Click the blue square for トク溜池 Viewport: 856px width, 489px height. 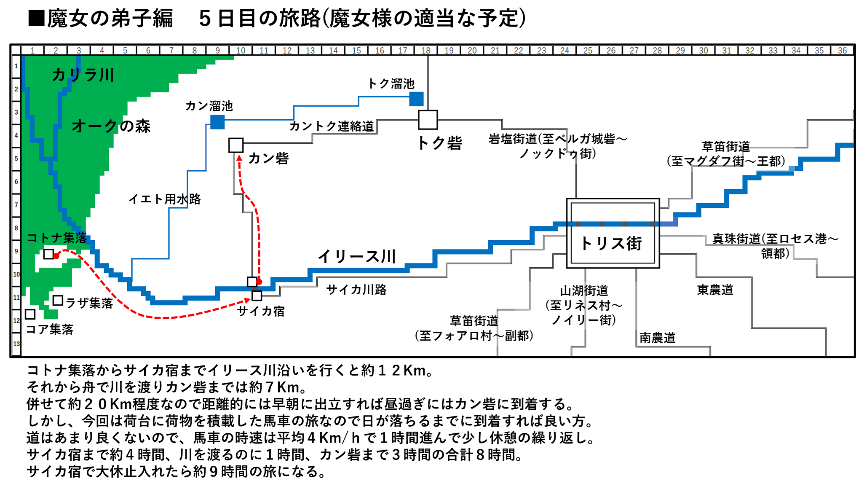416,99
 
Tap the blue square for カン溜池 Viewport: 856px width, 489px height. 217,122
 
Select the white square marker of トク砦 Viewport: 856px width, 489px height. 428,120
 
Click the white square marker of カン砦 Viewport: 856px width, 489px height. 236,145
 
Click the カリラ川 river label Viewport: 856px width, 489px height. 83,75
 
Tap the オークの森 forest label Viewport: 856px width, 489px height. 111,126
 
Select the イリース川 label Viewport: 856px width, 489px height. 357,256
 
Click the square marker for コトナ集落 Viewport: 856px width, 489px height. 49,254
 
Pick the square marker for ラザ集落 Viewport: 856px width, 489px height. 58,301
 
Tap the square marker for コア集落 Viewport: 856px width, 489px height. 30,314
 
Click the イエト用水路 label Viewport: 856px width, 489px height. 165,199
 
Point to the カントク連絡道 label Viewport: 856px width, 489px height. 332,126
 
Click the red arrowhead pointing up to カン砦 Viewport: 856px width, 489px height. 239,158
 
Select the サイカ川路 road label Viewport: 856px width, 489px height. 356,290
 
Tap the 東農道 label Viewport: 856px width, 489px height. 715,290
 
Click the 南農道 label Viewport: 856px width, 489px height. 657,338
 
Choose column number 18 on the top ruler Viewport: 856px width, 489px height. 426,51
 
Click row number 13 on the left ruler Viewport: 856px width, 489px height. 16,344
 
